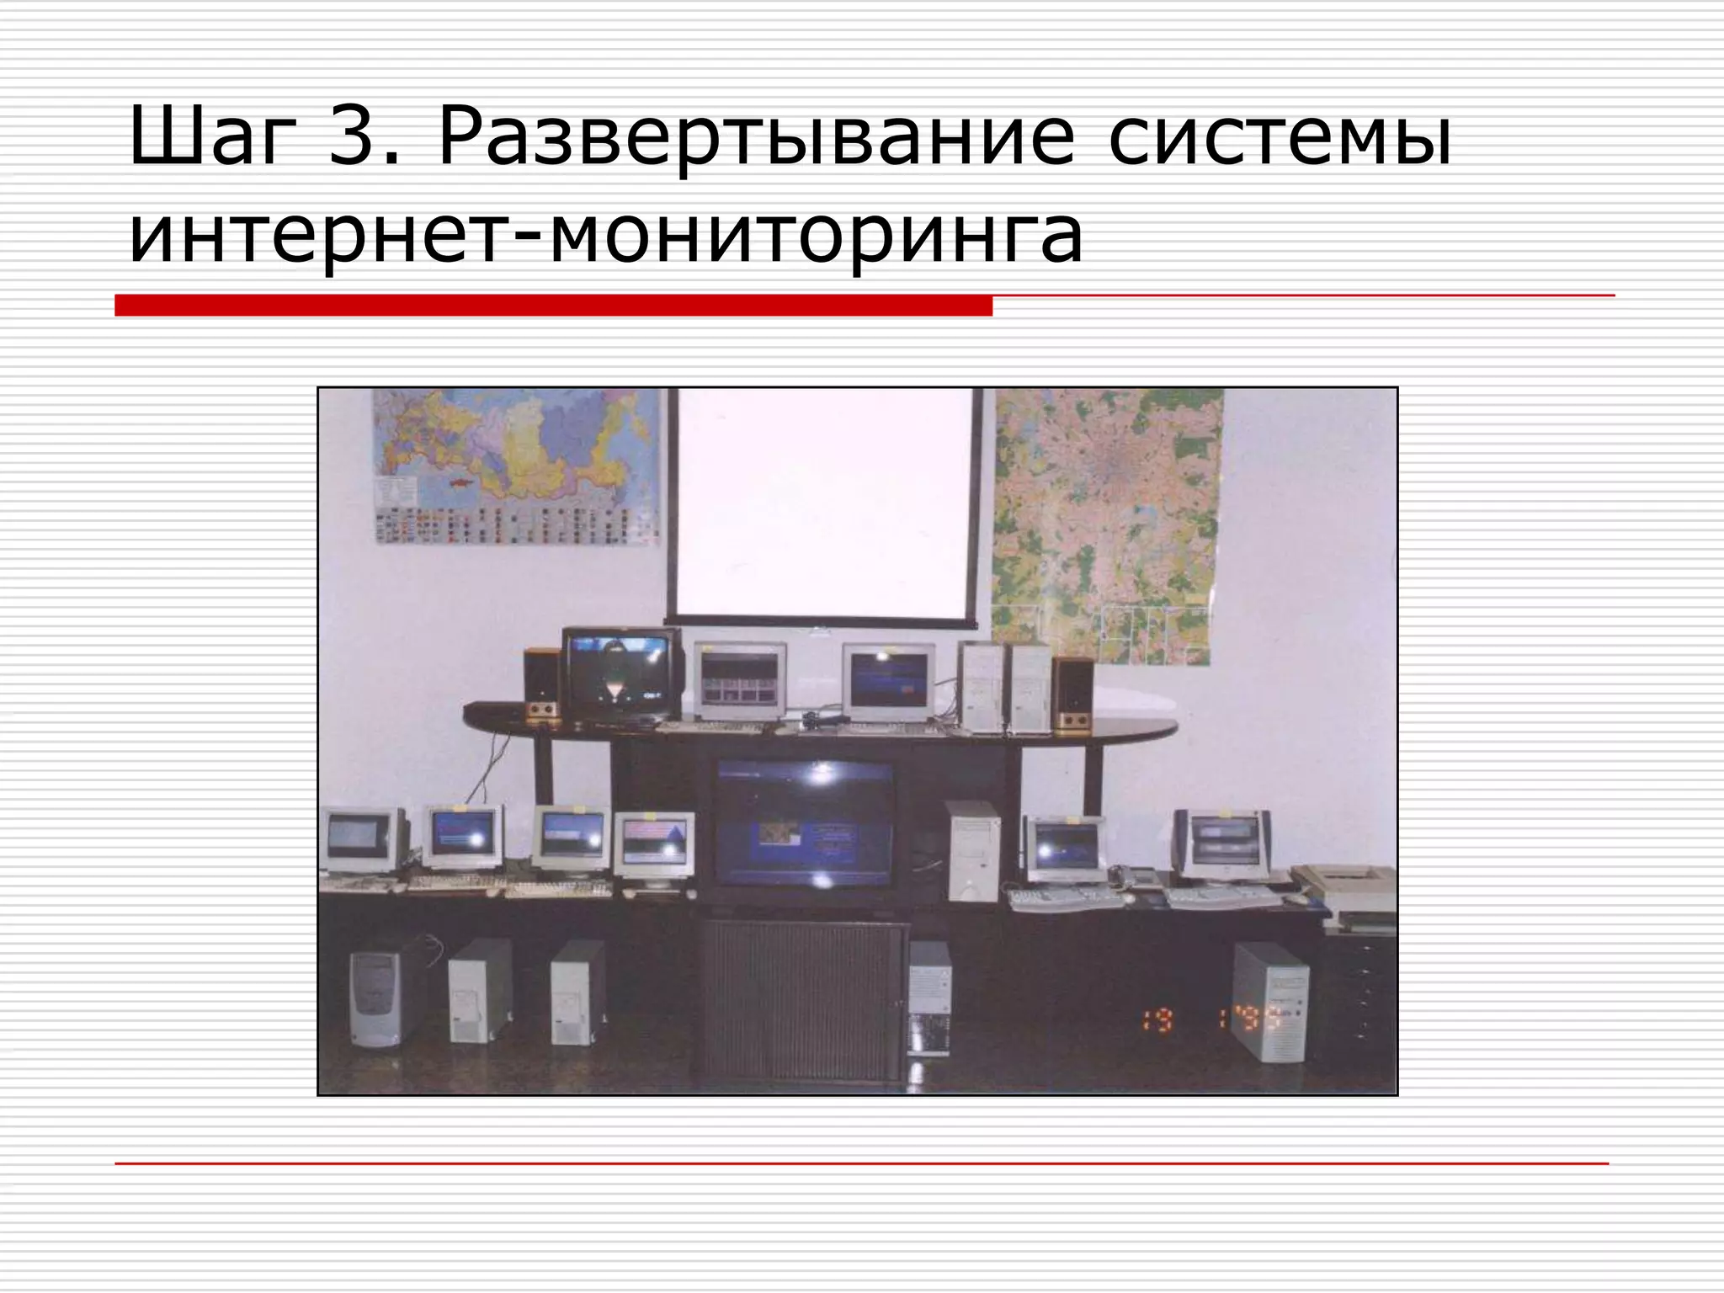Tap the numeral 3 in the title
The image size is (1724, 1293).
pos(352,136)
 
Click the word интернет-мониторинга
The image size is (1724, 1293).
pos(605,237)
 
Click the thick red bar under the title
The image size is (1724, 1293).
pos(553,306)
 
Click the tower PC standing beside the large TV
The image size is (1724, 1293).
pos(973,850)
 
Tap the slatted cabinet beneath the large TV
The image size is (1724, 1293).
pos(802,999)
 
